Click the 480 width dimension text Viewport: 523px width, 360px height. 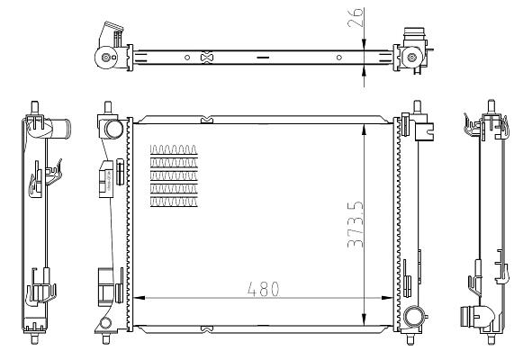tap(264, 289)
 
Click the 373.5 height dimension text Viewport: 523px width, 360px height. tap(356, 224)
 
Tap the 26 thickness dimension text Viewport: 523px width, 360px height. tap(356, 17)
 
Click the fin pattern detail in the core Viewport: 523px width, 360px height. tap(174, 175)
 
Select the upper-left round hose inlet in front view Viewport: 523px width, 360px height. tap(113, 130)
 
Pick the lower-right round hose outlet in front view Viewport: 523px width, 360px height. tap(414, 317)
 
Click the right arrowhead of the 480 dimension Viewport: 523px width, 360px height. tap(387, 298)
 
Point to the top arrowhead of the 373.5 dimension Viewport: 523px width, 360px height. tap(364, 130)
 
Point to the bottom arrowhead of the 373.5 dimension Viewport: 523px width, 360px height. tap(364, 319)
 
